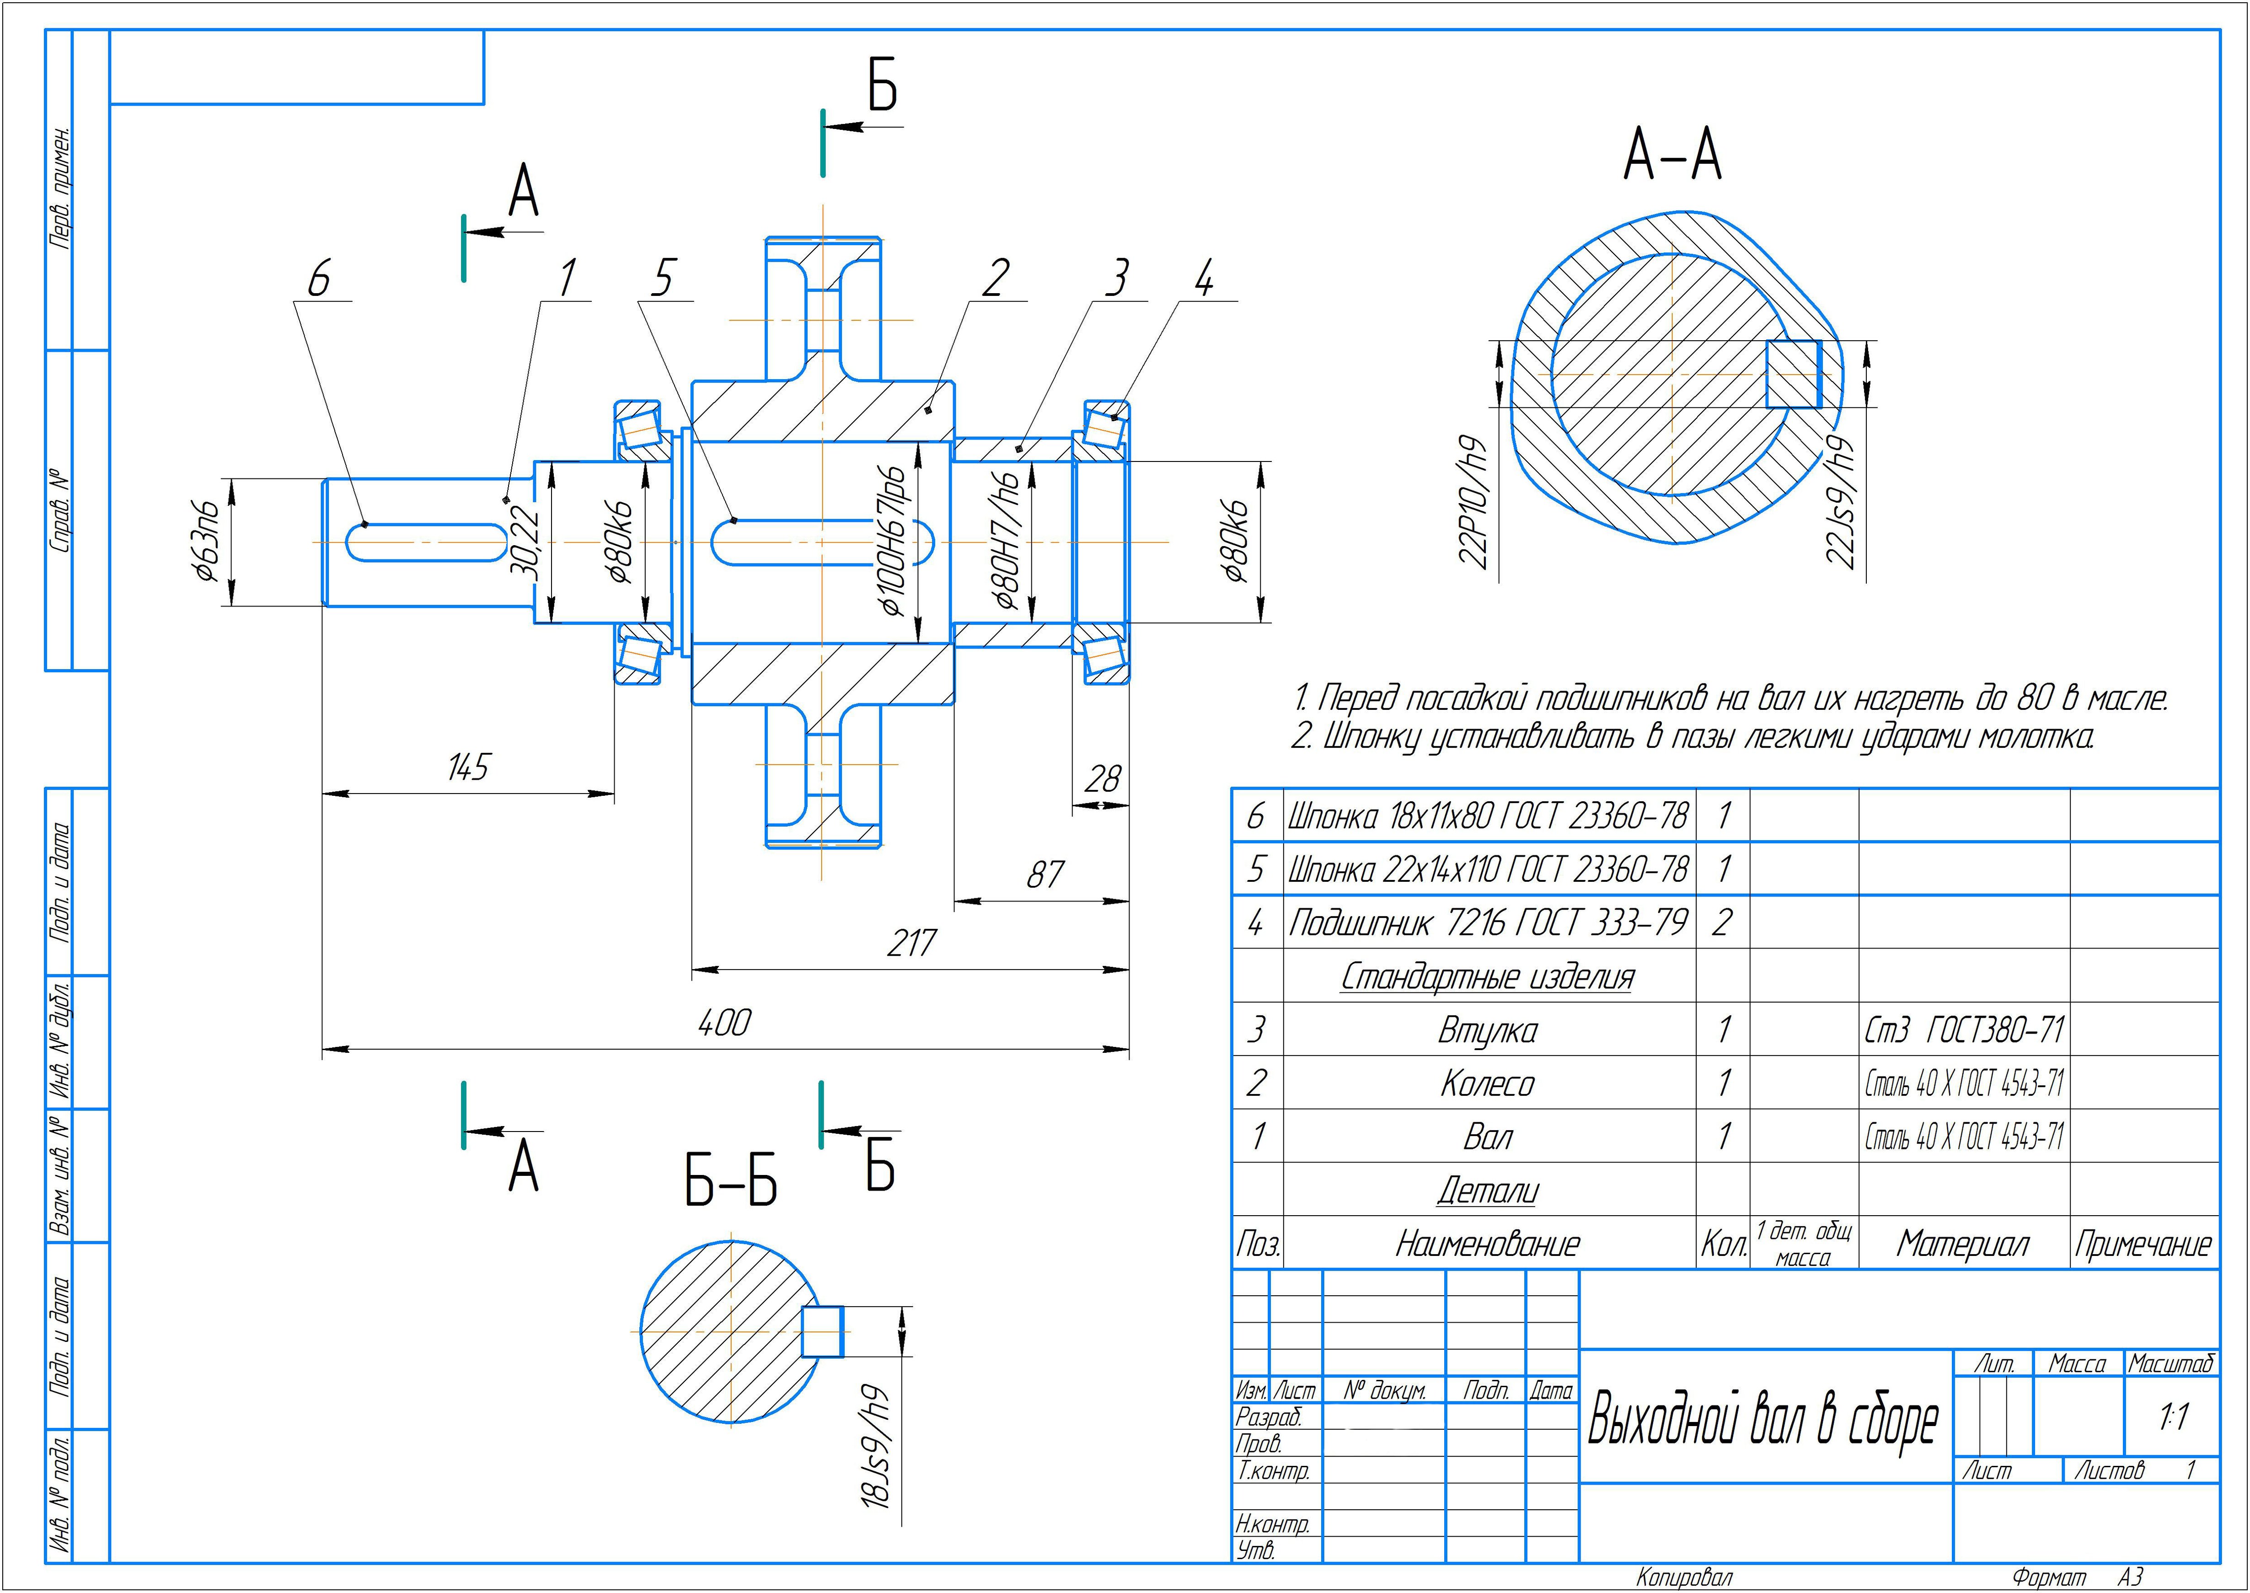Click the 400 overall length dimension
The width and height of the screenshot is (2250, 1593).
725,1023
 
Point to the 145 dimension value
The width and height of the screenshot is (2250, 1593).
468,767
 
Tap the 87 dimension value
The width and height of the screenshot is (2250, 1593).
1045,874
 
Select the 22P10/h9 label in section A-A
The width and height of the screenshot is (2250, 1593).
1474,500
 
